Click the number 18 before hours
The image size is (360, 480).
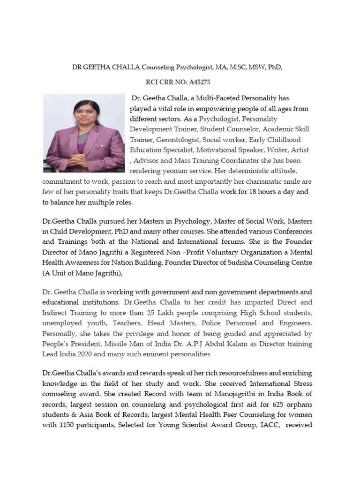pyautogui.click(x=257, y=192)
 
